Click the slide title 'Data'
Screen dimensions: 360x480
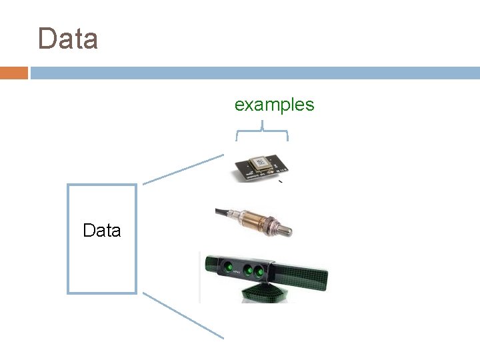68,39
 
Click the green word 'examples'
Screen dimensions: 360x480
274,105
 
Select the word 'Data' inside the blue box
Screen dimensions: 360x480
102,231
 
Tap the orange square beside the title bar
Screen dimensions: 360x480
13,73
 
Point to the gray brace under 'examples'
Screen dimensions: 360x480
262,131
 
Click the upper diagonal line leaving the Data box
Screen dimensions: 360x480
184,169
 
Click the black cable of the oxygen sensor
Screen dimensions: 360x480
222,213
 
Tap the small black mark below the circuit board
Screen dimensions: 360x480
281,181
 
